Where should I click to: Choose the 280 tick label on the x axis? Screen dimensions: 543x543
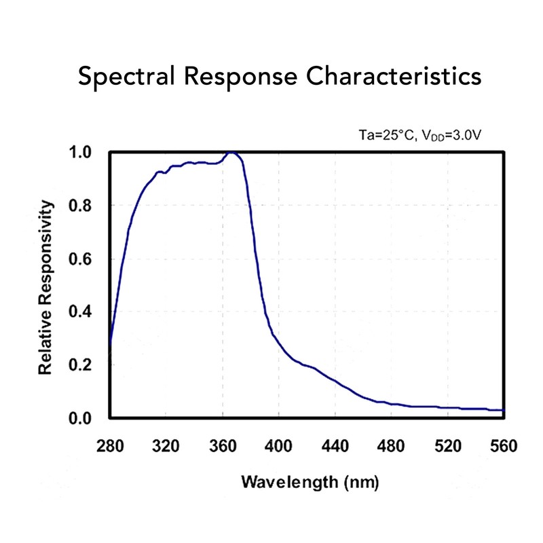(x=110, y=446)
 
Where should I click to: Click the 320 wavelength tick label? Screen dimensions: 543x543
(x=166, y=446)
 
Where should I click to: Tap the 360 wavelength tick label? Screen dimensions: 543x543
(x=223, y=446)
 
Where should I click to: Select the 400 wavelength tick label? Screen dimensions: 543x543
(x=278, y=446)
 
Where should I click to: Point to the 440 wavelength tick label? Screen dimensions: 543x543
(x=335, y=446)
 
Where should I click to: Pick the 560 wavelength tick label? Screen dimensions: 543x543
(x=503, y=446)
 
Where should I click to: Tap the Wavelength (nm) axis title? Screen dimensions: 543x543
(x=307, y=483)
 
